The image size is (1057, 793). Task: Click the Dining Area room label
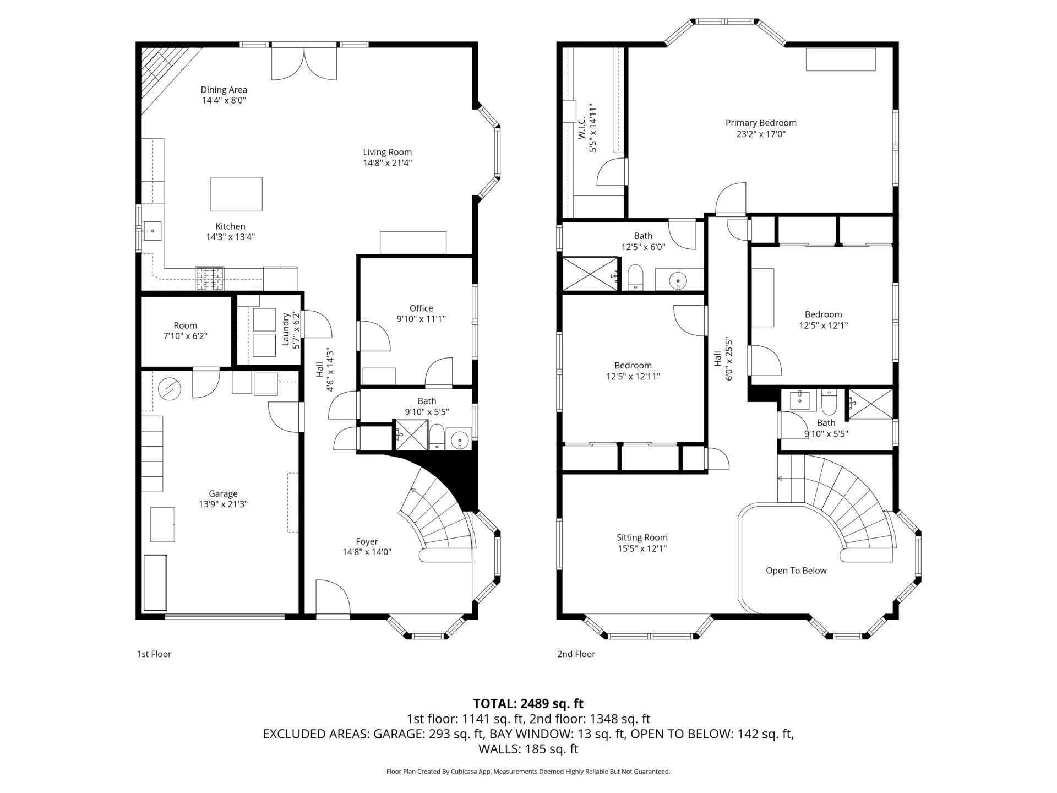pyautogui.click(x=224, y=90)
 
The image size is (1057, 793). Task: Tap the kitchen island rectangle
pyautogui.click(x=236, y=194)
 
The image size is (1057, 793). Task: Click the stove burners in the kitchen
pyautogui.click(x=210, y=279)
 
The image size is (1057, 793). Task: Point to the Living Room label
pyautogui.click(x=387, y=153)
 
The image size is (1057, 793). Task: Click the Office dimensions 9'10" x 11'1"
pyautogui.click(x=421, y=319)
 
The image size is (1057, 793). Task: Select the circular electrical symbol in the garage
pyautogui.click(x=169, y=389)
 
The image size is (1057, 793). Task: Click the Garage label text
pyautogui.click(x=223, y=494)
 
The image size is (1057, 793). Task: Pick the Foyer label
pyautogui.click(x=367, y=541)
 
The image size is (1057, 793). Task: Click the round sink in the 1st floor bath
pyautogui.click(x=459, y=439)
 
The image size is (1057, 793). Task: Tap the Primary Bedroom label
pyautogui.click(x=761, y=123)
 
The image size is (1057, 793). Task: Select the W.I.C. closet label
pyautogui.click(x=581, y=127)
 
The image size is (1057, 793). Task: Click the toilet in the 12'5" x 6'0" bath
pyautogui.click(x=635, y=277)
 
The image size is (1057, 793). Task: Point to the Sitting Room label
pyautogui.click(x=642, y=537)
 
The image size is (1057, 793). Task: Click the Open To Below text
pyautogui.click(x=796, y=571)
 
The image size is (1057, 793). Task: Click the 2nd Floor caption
pyautogui.click(x=576, y=654)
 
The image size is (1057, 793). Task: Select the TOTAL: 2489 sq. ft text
pyautogui.click(x=528, y=703)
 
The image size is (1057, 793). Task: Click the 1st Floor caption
pyautogui.click(x=154, y=654)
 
